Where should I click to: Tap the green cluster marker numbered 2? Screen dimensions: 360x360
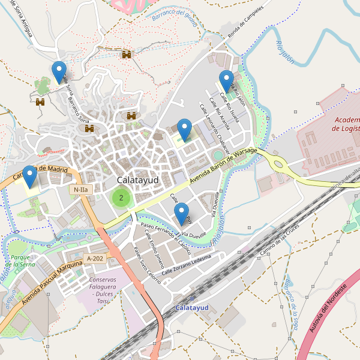[121, 197]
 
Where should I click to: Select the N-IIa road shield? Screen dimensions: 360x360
[80, 190]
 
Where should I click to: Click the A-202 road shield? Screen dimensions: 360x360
[95, 259]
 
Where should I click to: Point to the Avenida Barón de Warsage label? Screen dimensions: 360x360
[223, 165]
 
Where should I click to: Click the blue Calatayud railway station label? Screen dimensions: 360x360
[191, 308]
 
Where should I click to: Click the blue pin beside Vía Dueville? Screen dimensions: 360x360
[181, 213]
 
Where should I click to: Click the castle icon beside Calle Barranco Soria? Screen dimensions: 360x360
[90, 128]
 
